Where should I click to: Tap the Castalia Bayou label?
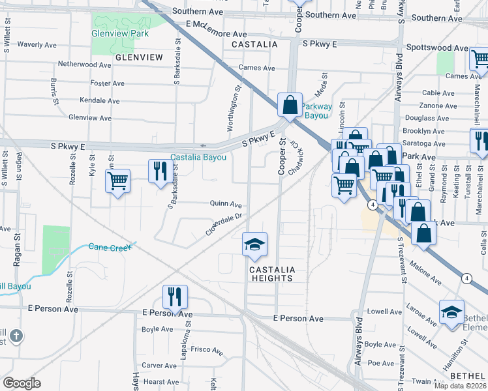198,157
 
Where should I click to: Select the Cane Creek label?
110,247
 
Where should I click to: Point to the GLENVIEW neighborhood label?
138,57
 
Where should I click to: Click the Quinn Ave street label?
226,203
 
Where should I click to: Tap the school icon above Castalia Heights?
254,244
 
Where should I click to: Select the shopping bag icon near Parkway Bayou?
290,105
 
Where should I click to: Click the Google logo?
22,383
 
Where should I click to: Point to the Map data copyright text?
457,386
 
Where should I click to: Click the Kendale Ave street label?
99,101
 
